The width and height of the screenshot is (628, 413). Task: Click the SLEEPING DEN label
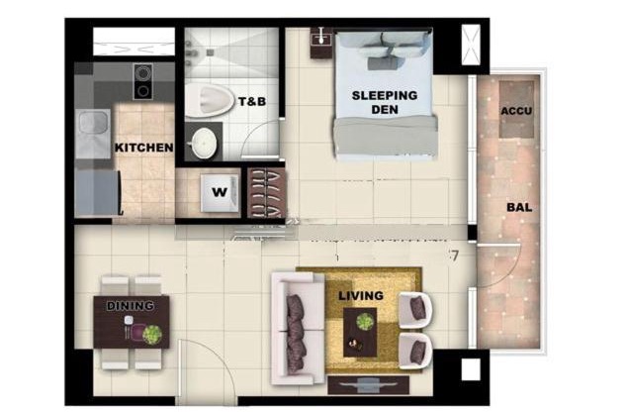pos(386,102)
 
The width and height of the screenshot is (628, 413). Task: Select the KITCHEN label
pos(144,148)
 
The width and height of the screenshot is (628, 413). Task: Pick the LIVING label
pos(360,295)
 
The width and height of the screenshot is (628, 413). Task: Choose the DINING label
pos(131,306)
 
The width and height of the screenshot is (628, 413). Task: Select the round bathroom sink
pos(204,144)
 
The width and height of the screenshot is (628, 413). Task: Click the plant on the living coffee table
pos(366,322)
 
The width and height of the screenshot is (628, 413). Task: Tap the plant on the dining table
pos(151,334)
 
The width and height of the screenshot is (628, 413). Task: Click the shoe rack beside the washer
pos(265,191)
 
